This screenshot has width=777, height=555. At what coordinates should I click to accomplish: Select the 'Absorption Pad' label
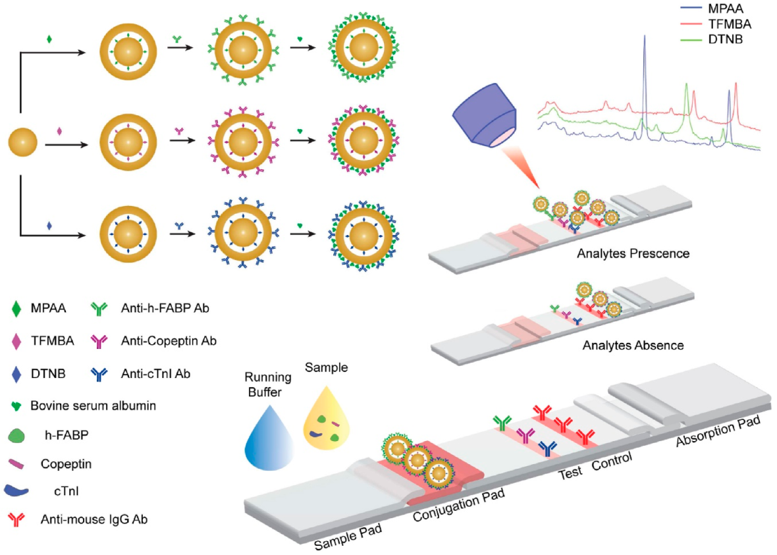[x=718, y=431]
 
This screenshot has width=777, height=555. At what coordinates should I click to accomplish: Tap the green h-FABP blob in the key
[x=18, y=436]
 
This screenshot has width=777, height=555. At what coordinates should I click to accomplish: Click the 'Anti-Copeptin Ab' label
[x=168, y=341]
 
